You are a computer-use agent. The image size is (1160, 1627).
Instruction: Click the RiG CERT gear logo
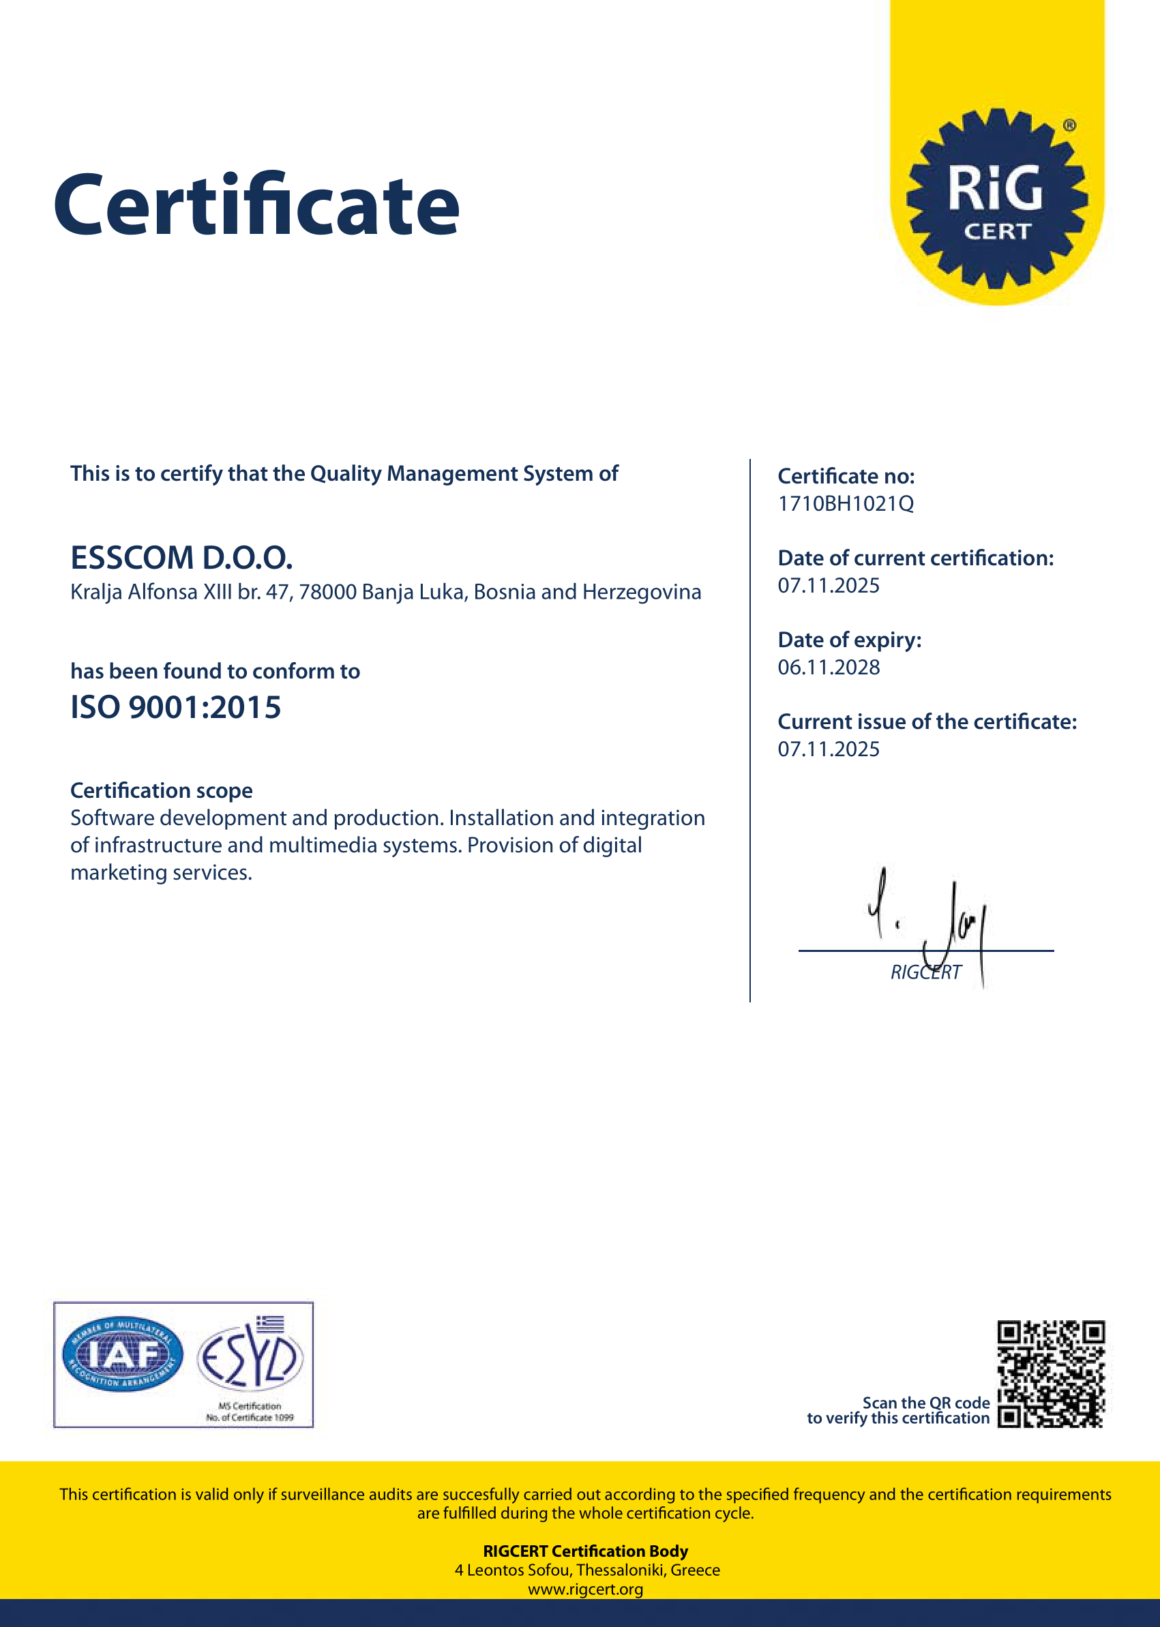(x=996, y=198)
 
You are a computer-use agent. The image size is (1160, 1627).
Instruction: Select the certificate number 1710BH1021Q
(x=845, y=504)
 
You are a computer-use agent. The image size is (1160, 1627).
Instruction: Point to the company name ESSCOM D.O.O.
(x=181, y=558)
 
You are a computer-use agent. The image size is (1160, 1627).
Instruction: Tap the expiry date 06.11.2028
(x=829, y=668)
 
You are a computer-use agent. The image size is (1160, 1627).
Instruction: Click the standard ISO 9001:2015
(x=176, y=708)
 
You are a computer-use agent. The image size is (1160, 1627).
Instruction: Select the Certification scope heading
(x=162, y=790)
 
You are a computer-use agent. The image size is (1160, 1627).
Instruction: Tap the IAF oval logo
(x=122, y=1354)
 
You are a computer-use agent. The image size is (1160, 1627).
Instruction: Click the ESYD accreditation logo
(x=250, y=1356)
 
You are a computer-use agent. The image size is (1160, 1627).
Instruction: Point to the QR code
(x=1051, y=1374)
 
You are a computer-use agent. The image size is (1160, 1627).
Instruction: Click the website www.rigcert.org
(x=586, y=1589)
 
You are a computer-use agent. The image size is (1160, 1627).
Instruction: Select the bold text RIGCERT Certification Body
(x=586, y=1551)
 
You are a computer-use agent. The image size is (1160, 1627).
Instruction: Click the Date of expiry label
(x=849, y=640)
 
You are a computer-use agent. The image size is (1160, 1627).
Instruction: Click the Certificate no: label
(x=846, y=477)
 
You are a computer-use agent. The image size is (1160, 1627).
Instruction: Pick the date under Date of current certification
(x=829, y=586)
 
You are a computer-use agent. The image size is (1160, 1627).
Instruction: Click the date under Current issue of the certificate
(x=829, y=749)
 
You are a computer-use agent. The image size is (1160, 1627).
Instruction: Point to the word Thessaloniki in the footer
(x=621, y=1570)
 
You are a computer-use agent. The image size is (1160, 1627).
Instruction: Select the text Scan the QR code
(x=925, y=1403)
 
